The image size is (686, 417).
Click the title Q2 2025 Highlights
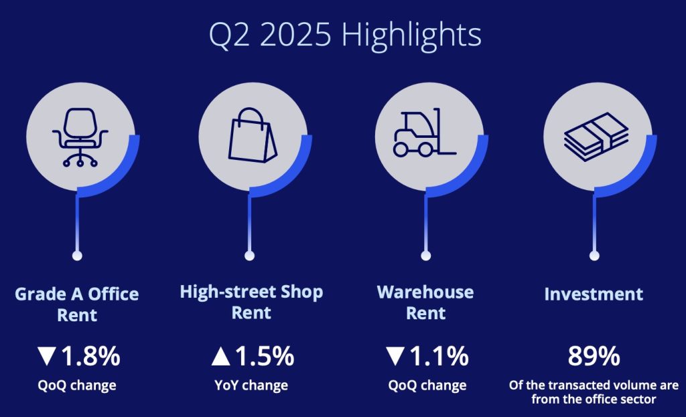pyautogui.click(x=345, y=35)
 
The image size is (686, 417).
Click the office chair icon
pyautogui.click(x=80, y=137)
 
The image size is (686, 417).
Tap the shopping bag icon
pyautogui.click(x=252, y=135)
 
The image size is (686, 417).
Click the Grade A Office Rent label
pyautogui.click(x=77, y=305)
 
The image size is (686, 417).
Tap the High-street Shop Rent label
pyautogui.click(x=252, y=302)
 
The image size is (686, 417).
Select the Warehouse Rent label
pyautogui.click(x=425, y=303)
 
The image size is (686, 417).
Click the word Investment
pyautogui.click(x=594, y=294)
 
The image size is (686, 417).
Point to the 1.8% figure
pyautogui.click(x=90, y=356)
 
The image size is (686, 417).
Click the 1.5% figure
pyautogui.click(x=265, y=356)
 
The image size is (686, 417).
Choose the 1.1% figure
pyautogui.click(x=439, y=356)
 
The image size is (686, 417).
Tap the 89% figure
pyautogui.click(x=594, y=356)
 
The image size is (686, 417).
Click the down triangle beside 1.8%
pyautogui.click(x=46, y=356)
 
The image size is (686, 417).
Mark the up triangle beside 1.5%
pyautogui.click(x=220, y=356)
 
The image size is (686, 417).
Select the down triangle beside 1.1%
pyautogui.click(x=395, y=356)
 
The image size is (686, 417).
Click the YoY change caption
pyautogui.click(x=251, y=386)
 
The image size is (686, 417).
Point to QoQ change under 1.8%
pyautogui.click(x=77, y=386)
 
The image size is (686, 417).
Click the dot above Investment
pyautogui.click(x=594, y=256)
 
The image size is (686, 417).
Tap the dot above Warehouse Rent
pyautogui.click(x=425, y=256)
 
